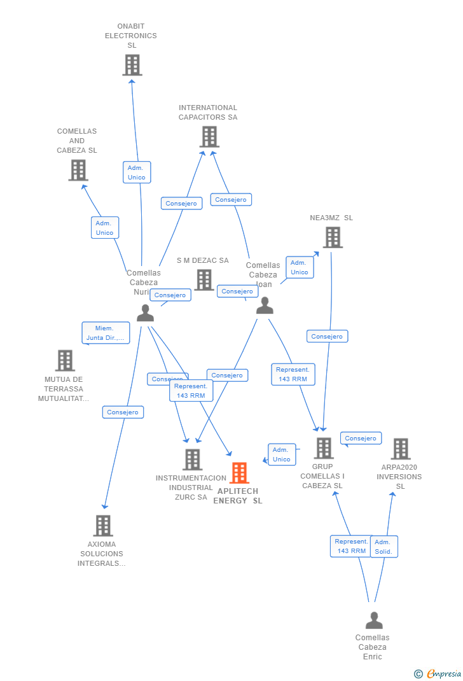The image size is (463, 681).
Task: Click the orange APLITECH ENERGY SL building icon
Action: pyautogui.click(x=239, y=473)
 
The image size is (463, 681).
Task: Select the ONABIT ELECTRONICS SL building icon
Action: pyautogui.click(x=132, y=65)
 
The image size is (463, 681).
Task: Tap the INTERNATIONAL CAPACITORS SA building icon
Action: pyautogui.click(x=209, y=136)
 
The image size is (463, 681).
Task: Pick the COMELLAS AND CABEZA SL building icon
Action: pyautogui.click(x=78, y=170)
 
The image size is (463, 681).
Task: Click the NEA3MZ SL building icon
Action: pyautogui.click(x=333, y=237)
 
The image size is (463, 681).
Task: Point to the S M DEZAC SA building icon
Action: pyautogui.click(x=204, y=279)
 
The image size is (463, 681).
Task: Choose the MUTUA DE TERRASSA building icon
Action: pyautogui.click(x=65, y=360)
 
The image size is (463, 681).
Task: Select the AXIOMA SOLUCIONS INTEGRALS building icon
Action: pyautogui.click(x=103, y=526)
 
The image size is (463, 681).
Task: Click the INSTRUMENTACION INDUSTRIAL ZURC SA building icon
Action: pyautogui.click(x=192, y=460)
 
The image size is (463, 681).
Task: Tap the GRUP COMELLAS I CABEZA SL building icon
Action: pyautogui.click(x=324, y=448)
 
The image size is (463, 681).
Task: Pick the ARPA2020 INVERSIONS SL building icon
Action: pyautogui.click(x=401, y=449)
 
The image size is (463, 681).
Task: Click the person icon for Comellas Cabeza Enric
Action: pyautogui.click(x=374, y=620)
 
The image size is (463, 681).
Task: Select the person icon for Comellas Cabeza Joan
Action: pyautogui.click(x=265, y=305)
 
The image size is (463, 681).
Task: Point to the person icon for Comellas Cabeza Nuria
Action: pyautogui.click(x=146, y=312)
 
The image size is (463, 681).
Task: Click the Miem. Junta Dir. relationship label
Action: pyautogui.click(x=106, y=333)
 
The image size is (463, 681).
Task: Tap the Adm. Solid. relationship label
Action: pyautogui.click(x=384, y=547)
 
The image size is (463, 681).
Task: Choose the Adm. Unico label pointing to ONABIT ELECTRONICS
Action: pyautogui.click(x=137, y=172)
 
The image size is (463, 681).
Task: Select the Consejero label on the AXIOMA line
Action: pyautogui.click(x=123, y=412)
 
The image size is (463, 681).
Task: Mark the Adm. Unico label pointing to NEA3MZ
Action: pyautogui.click(x=299, y=267)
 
